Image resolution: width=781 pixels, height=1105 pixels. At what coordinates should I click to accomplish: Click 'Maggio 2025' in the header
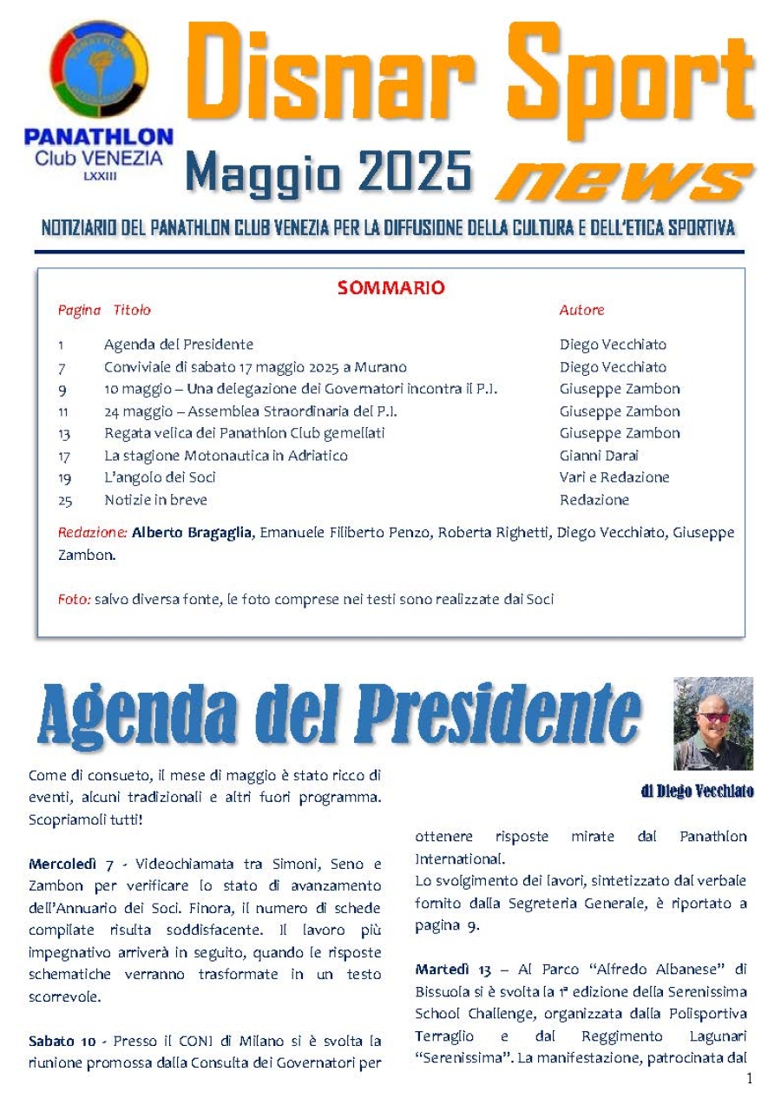click(x=329, y=171)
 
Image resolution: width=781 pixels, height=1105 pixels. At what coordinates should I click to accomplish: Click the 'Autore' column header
click(x=581, y=310)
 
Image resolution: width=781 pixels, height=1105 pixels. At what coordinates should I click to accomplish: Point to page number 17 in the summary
click(x=64, y=456)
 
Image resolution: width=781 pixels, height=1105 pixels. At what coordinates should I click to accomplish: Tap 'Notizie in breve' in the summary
click(x=155, y=500)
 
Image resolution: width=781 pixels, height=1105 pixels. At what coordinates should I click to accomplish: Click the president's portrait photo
click(x=713, y=723)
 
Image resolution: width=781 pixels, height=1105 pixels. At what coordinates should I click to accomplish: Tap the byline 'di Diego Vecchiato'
click(x=697, y=791)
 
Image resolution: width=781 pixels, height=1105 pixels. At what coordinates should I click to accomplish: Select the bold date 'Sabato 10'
click(x=62, y=1040)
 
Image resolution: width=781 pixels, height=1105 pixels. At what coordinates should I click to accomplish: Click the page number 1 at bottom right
click(x=749, y=1079)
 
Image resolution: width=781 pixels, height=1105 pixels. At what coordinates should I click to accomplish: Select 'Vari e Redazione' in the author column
click(x=614, y=477)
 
